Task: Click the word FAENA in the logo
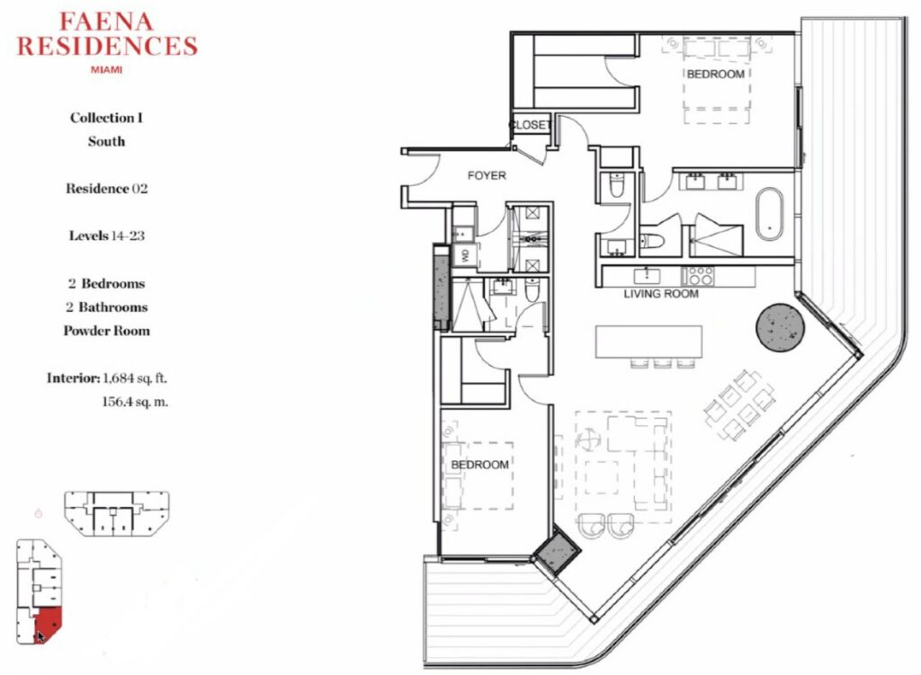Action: coord(106,22)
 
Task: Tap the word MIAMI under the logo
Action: coord(106,69)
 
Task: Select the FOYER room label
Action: coord(487,175)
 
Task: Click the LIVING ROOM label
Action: coord(661,294)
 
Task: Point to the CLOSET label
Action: coord(530,124)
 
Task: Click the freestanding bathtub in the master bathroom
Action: coord(769,214)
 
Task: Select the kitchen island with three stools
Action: coord(648,346)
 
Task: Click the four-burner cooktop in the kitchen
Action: coord(698,276)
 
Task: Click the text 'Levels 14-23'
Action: coord(106,235)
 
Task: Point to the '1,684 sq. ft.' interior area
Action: coord(135,378)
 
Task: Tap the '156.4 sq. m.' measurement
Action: coord(135,402)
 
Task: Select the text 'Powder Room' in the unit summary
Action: coord(106,331)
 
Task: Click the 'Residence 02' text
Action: coord(106,189)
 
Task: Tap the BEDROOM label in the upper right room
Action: coord(715,74)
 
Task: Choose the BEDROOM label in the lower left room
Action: coord(480,465)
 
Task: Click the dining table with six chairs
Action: coord(739,405)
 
